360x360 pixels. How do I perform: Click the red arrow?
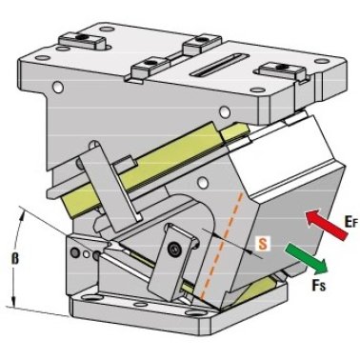point(327,225)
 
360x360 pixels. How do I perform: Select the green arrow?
point(307,259)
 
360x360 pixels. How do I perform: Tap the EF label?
point(351,221)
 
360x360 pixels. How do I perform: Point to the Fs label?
point(318,285)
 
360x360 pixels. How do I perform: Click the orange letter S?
point(263,244)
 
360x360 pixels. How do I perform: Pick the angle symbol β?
point(15,258)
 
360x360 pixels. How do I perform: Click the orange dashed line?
point(221,246)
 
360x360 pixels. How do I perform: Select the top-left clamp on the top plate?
point(83,40)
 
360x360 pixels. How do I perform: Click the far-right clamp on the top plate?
point(283,71)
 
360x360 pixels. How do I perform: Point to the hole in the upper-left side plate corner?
point(58,87)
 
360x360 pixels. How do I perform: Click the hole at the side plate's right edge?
point(225,111)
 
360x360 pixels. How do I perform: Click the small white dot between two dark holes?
point(86,253)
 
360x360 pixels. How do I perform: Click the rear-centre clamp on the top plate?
point(202,44)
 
